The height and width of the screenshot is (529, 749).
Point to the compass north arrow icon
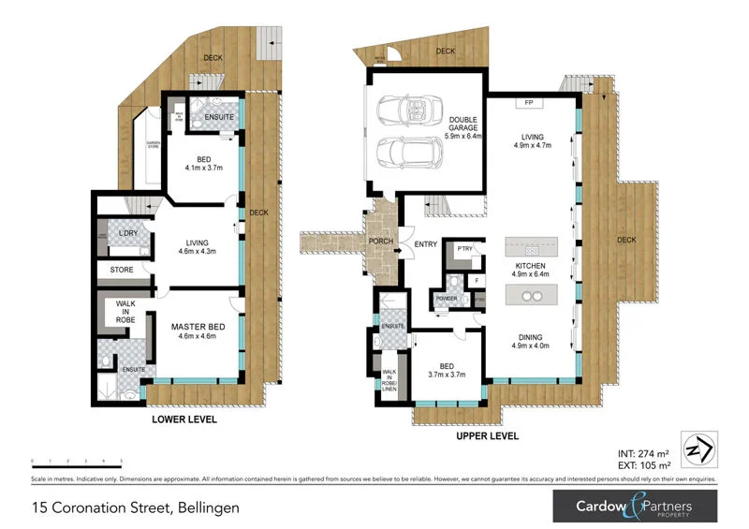pyautogui.click(x=698, y=449)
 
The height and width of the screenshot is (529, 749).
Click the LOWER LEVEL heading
pyautogui.click(x=184, y=420)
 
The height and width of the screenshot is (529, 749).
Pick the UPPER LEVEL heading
pyautogui.click(x=487, y=436)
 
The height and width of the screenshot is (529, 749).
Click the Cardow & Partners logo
pyautogui.click(x=636, y=507)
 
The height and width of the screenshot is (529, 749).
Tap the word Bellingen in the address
pyautogui.click(x=204, y=508)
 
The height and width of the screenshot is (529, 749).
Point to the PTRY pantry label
pyautogui.click(x=462, y=250)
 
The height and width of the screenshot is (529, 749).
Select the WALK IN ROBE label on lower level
pyautogui.click(x=126, y=312)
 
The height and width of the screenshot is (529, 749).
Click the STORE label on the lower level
pyautogui.click(x=122, y=271)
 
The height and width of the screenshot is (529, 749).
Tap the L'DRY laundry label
pyautogui.click(x=127, y=234)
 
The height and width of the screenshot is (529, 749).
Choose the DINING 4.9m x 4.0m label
pyautogui.click(x=532, y=342)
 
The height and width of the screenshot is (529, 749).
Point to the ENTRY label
pyautogui.click(x=426, y=244)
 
